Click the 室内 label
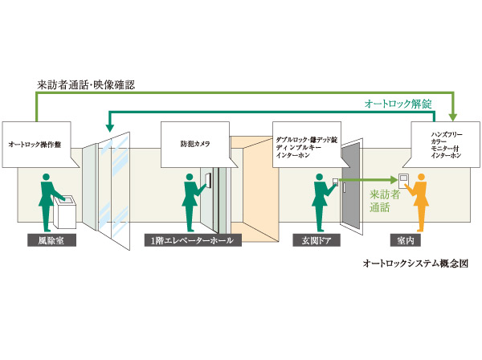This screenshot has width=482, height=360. [406, 239]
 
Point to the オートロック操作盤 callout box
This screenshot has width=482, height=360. [39, 145]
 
